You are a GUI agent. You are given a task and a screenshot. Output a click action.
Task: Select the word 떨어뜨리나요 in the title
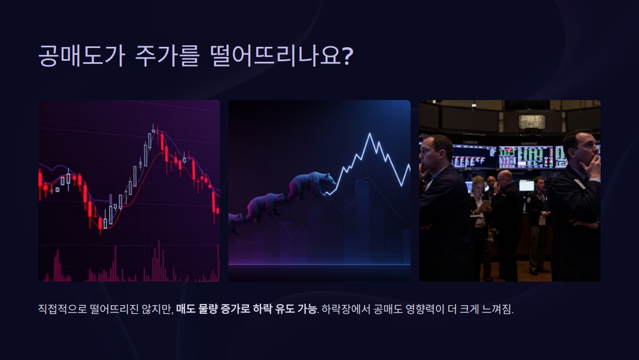tap(272, 55)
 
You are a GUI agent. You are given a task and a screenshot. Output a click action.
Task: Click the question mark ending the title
tap(347, 55)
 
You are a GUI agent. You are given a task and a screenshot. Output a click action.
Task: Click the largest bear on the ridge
tap(312, 185)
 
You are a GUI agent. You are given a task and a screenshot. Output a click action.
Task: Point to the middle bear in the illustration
tap(265, 204)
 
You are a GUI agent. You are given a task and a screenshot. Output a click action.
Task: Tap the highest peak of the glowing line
tap(369, 134)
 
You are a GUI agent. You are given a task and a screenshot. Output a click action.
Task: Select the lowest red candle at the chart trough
tap(100, 224)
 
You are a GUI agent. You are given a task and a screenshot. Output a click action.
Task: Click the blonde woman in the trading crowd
tap(478, 186)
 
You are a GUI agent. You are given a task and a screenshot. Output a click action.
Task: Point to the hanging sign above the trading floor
tap(532, 121)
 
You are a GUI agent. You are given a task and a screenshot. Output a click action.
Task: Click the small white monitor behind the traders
tap(526, 185)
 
